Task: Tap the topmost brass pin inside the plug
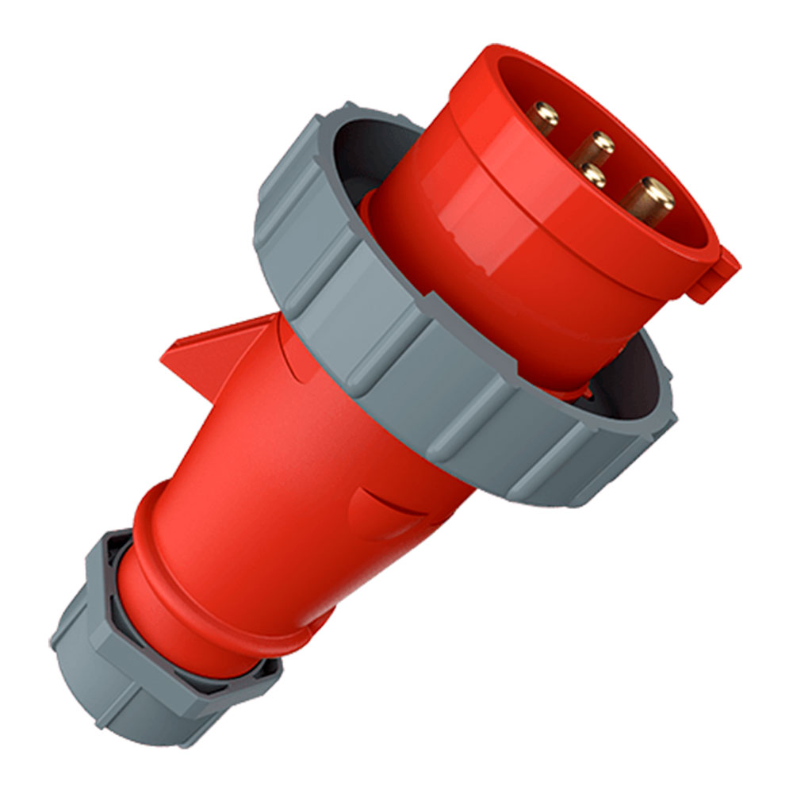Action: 545,117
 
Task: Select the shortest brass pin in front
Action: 591,174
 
